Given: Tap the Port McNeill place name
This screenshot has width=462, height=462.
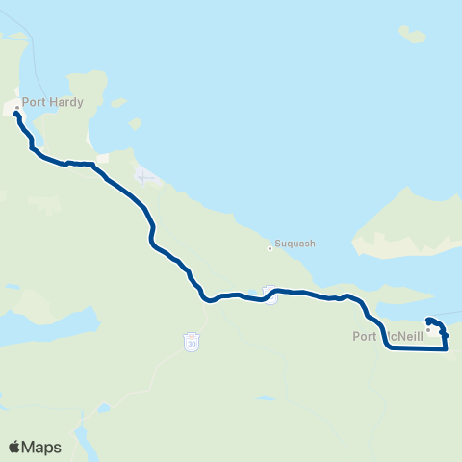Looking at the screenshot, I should (388, 336).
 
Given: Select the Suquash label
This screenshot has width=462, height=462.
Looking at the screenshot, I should (295, 244).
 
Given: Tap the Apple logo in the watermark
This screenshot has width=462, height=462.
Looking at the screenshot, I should (14, 447).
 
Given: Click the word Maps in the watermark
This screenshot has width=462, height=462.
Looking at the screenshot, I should (42, 447).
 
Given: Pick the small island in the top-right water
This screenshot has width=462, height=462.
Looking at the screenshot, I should (413, 36).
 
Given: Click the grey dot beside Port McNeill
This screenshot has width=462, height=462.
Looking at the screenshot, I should (428, 329).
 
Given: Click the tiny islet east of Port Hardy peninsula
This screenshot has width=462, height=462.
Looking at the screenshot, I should (136, 123).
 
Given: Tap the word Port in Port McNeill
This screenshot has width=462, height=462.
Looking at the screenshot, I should (364, 336).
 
